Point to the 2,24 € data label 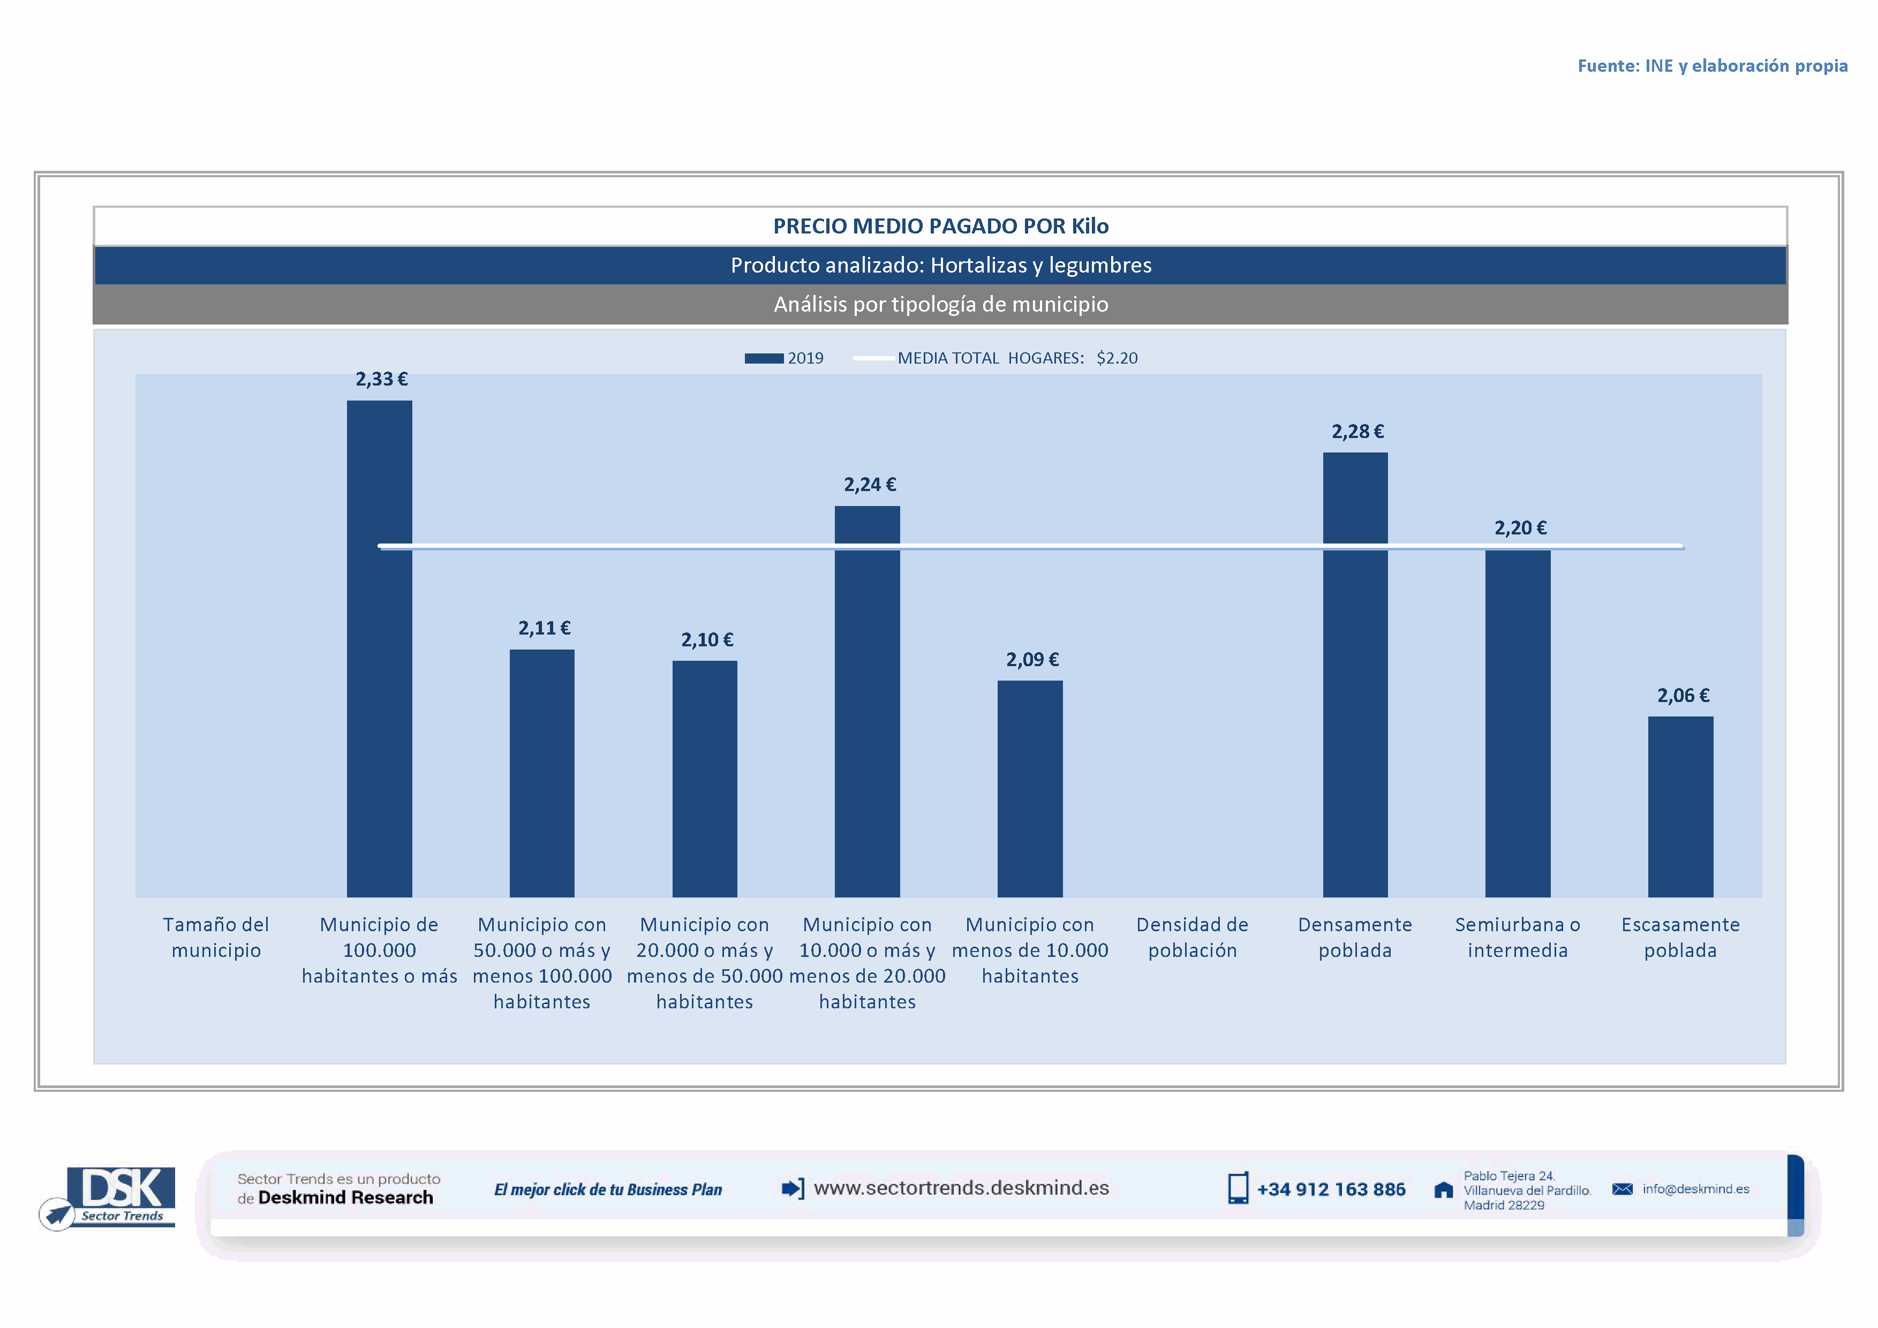(870, 485)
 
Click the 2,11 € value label (544, 628)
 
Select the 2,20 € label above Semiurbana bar (1520, 529)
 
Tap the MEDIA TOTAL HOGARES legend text (1017, 358)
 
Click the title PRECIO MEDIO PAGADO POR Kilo (941, 227)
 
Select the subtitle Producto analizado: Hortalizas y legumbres (941, 266)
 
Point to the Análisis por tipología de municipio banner (941, 304)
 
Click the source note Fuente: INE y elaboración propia (1712, 66)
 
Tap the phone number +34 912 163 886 (1330, 1190)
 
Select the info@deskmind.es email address (1695, 1189)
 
